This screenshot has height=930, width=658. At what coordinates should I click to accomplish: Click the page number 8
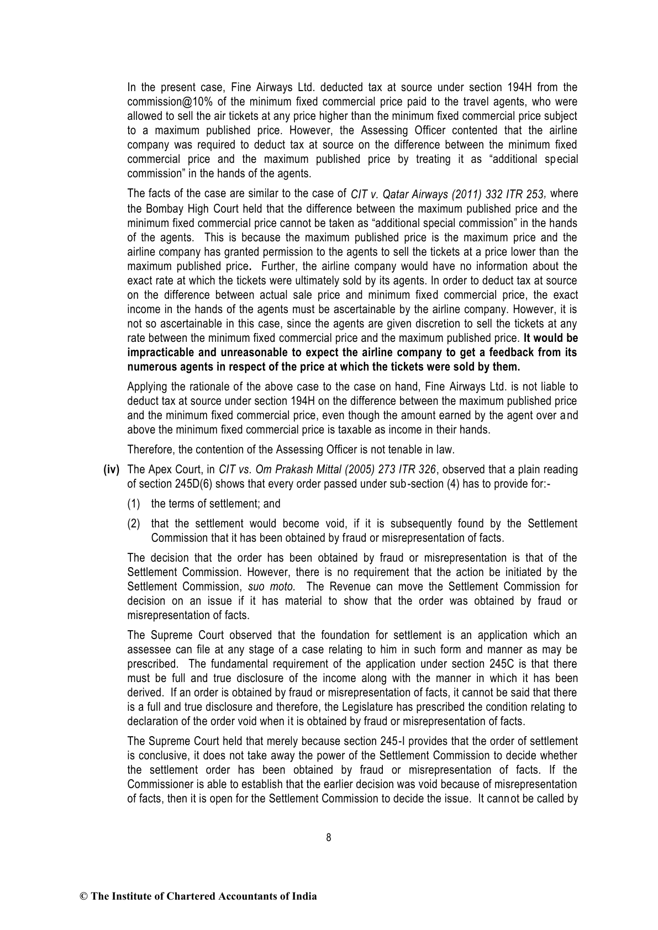click(x=329, y=837)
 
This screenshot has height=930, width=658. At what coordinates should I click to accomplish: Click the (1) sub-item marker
click(x=134, y=504)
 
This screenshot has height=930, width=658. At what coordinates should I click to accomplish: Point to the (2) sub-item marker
click(x=134, y=524)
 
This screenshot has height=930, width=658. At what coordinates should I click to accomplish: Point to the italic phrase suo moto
click(x=271, y=586)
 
